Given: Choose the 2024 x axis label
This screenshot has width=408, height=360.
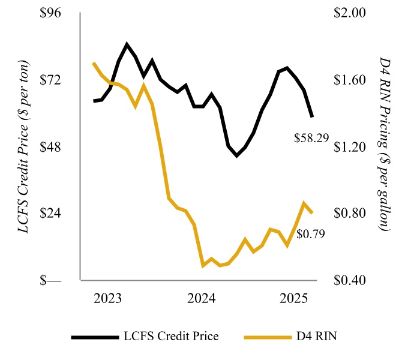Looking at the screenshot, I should [202, 299].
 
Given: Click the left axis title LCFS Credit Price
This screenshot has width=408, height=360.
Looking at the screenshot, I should [25, 147].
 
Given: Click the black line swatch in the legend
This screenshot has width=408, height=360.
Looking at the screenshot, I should [94, 337].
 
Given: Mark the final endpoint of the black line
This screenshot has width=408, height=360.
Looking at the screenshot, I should [312, 116].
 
